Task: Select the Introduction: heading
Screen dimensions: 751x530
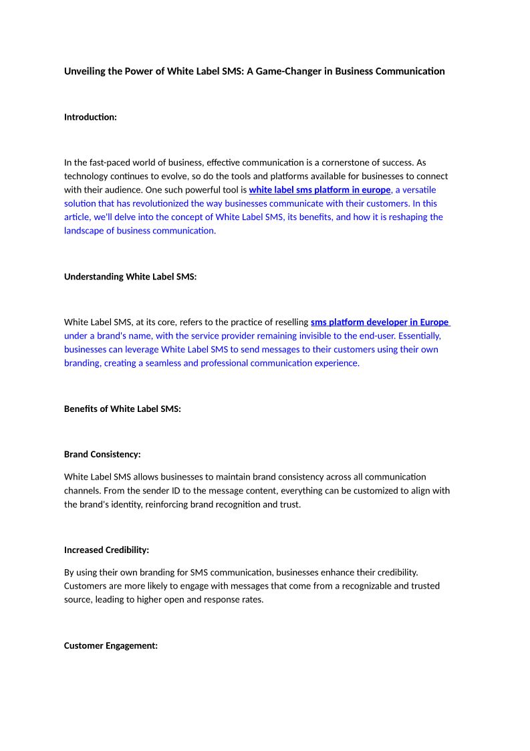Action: (x=90, y=117)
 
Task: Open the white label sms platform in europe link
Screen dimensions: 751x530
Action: (x=319, y=190)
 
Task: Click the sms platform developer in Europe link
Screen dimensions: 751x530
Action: (x=380, y=322)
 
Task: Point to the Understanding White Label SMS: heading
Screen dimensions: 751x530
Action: (x=130, y=277)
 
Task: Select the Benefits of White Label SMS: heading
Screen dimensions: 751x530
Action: (x=122, y=409)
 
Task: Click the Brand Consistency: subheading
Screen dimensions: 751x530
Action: (x=102, y=454)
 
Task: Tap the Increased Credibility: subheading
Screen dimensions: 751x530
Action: (x=106, y=550)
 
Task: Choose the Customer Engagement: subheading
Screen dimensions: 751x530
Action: (x=111, y=646)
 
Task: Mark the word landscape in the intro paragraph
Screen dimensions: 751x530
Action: (x=84, y=231)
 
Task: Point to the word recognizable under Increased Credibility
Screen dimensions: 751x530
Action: (x=370, y=586)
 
